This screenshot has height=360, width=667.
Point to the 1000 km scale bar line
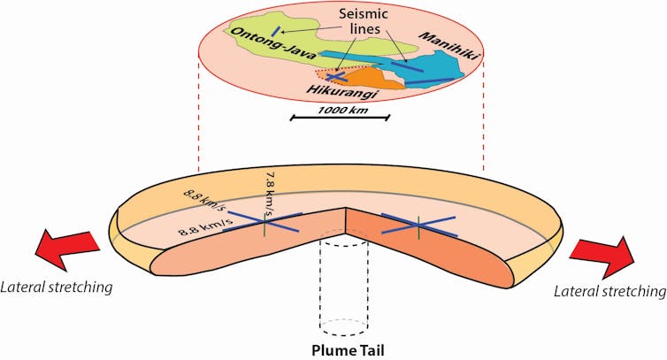pyautogui.click(x=341, y=116)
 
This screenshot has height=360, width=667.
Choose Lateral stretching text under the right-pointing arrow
pyautogui.click(x=608, y=290)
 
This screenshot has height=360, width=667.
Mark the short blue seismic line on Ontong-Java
pyautogui.click(x=277, y=33)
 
